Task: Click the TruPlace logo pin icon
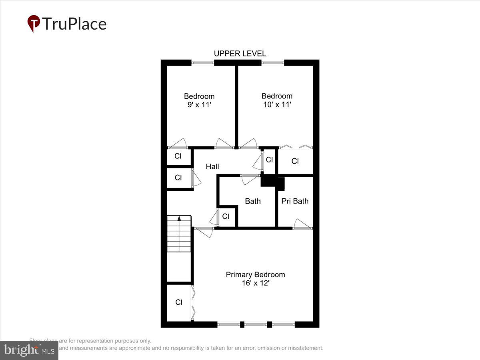pyautogui.click(x=34, y=24)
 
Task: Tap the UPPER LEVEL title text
pyautogui.click(x=240, y=54)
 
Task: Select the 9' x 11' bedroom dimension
pyautogui.click(x=199, y=105)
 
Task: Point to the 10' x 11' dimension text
pyautogui.click(x=277, y=105)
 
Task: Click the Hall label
pyautogui.click(x=212, y=166)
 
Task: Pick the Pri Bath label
pyautogui.click(x=295, y=201)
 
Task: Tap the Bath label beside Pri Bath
pyautogui.click(x=252, y=201)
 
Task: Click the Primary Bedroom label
pyautogui.click(x=255, y=274)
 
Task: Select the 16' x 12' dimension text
pyautogui.click(x=255, y=283)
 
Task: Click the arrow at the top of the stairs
pyautogui.click(x=179, y=218)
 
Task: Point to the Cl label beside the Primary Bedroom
pyautogui.click(x=179, y=302)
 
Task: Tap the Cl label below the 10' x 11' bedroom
pyautogui.click(x=295, y=161)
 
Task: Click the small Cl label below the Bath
pyautogui.click(x=226, y=216)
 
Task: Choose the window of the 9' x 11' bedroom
pyautogui.click(x=202, y=62)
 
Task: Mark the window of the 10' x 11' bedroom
pyautogui.click(x=273, y=62)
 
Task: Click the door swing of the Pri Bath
pyautogui.click(x=302, y=224)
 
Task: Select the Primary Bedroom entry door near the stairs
pyautogui.click(x=204, y=231)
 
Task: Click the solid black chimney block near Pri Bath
pyautogui.click(x=272, y=182)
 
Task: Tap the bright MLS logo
pyautogui.click(x=29, y=350)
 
